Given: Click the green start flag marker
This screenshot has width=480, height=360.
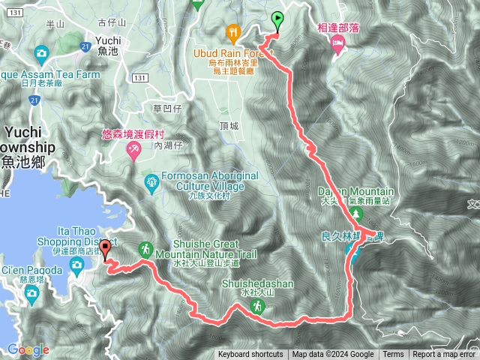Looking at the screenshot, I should coord(277,21).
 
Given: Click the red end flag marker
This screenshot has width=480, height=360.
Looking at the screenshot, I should coord(105,248).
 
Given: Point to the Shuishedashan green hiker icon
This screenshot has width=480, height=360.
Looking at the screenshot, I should coord(257,306).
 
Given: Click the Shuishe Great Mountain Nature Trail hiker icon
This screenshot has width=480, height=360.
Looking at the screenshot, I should coord(145,249).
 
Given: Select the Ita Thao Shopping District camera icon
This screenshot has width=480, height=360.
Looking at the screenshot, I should coord(76,265).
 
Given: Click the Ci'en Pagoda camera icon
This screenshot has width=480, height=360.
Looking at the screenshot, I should coord(31,292).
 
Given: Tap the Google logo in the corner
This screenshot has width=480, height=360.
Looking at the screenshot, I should coord(28,349).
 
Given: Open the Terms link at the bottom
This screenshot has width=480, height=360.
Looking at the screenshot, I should coord(393,355).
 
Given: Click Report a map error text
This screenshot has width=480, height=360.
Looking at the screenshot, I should coord(444,355).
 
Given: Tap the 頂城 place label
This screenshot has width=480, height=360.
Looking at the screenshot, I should coord(229,126).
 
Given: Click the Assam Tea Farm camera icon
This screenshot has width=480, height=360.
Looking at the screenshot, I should coord(40,54).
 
